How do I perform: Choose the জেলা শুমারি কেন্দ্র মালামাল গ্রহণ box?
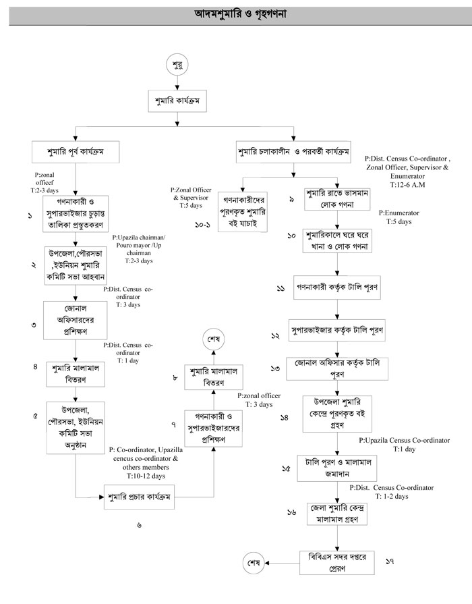point(337,514)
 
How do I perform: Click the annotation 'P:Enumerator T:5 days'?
point(403,217)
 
